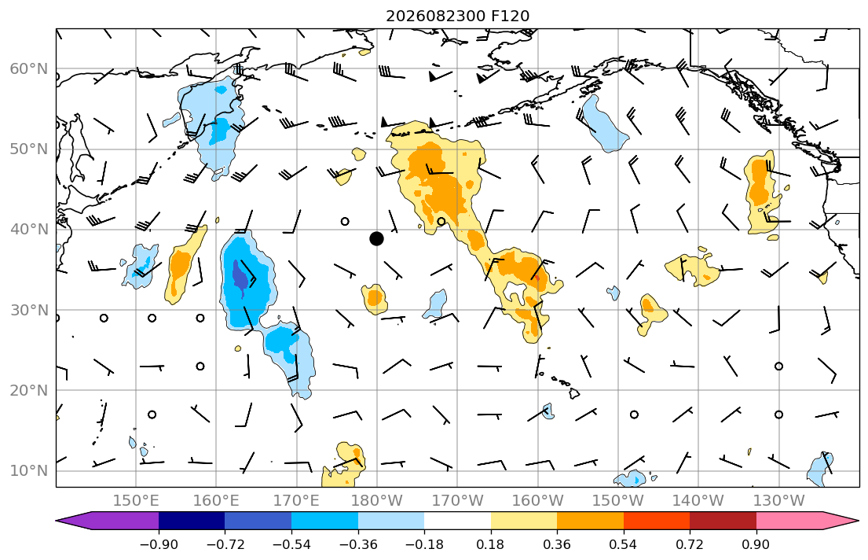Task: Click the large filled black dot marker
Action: pyautogui.click(x=376, y=238)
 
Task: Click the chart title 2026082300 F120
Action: pyautogui.click(x=457, y=16)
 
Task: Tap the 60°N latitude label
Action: pyautogui.click(x=29, y=68)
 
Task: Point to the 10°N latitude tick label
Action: pyautogui.click(x=29, y=471)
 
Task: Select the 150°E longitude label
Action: pyautogui.click(x=136, y=501)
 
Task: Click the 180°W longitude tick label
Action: pyautogui.click(x=377, y=501)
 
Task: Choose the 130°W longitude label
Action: pyautogui.click(x=779, y=501)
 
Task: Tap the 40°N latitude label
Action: pyautogui.click(x=29, y=230)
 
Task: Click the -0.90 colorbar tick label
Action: pyautogui.click(x=159, y=544)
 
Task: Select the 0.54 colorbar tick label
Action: pyautogui.click(x=624, y=544)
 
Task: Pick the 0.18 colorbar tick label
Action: pyautogui.click(x=490, y=544)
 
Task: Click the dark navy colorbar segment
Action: pyautogui.click(x=192, y=521)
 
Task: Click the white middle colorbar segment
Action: pyautogui.click(x=457, y=521)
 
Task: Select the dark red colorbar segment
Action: pyautogui.click(x=723, y=521)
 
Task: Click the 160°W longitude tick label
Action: pyautogui.click(x=537, y=501)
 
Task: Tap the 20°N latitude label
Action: pyautogui.click(x=29, y=390)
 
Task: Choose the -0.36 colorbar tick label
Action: pyautogui.click(x=358, y=544)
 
